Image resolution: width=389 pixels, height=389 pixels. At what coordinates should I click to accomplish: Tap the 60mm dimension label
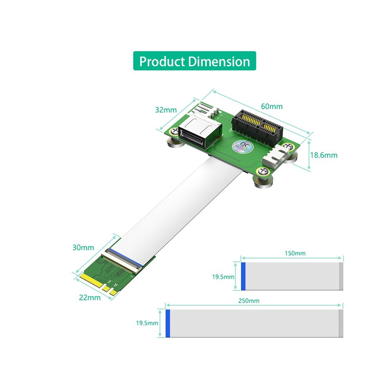click(x=272, y=106)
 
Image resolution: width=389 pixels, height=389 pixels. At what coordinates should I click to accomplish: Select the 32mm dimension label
click(x=166, y=110)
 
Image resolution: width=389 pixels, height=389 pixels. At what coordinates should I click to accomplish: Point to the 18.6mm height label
click(x=324, y=155)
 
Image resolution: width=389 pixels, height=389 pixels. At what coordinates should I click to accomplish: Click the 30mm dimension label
click(x=83, y=248)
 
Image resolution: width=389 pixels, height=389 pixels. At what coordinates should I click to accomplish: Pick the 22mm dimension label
click(x=90, y=297)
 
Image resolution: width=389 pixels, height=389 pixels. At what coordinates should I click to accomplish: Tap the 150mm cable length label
click(x=295, y=253)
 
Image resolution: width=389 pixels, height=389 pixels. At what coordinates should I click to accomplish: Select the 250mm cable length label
click(x=249, y=301)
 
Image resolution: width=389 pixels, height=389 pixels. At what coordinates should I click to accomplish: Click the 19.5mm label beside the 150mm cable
click(x=223, y=277)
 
